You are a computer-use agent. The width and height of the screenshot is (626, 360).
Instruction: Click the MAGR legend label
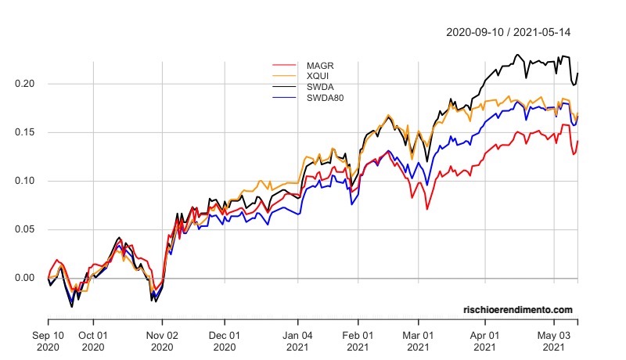320,64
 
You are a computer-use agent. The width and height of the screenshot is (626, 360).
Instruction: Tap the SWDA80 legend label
326,98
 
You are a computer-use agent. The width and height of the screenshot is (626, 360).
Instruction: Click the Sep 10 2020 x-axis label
49,340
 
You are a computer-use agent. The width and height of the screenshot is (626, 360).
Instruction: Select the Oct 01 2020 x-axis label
93,340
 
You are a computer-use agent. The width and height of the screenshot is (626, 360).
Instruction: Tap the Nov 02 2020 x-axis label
162,340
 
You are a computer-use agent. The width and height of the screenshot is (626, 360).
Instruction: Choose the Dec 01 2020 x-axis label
224,340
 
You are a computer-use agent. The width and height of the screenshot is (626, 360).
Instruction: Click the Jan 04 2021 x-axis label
297,340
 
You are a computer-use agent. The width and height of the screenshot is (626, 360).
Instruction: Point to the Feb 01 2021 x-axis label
358,340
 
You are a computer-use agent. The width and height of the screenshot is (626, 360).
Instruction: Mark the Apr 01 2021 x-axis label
484,340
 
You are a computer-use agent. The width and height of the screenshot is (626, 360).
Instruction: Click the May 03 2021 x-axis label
554,340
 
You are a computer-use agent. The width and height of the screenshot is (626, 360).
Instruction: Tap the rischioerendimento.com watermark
517,311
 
